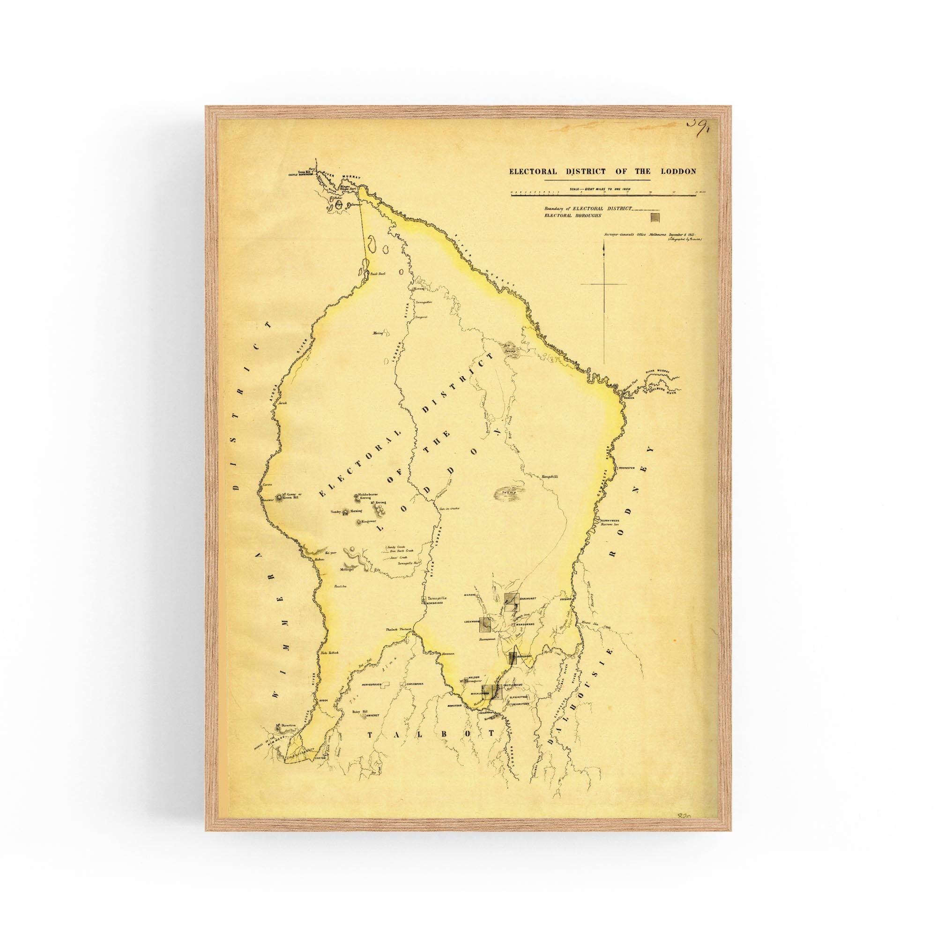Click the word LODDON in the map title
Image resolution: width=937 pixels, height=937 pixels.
click(x=678, y=171)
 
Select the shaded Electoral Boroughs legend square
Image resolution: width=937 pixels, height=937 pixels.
click(x=655, y=216)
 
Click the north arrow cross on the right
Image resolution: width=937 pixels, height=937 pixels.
click(x=604, y=284)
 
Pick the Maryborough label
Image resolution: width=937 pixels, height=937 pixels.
click(x=372, y=685)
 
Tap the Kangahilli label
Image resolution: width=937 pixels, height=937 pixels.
click(x=550, y=477)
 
